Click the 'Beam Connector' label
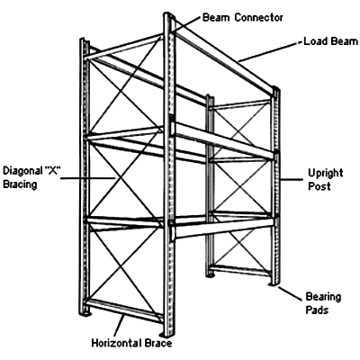coord(242,17)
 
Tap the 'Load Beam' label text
coord(331,41)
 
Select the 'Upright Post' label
coord(326,179)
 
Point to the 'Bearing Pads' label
coord(323,303)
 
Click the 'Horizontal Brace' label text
coord(131,343)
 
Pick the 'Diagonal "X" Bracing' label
coord(32,177)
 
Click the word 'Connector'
coord(258,17)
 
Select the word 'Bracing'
coord(20,184)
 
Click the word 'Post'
coord(319,186)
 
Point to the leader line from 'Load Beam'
coord(268,51)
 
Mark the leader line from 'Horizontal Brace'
coord(120,325)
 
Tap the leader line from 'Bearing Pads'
coord(290,293)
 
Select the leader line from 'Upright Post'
coord(291,180)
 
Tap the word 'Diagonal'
coord(22,171)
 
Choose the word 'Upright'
coord(326,173)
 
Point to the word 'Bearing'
coord(323,297)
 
